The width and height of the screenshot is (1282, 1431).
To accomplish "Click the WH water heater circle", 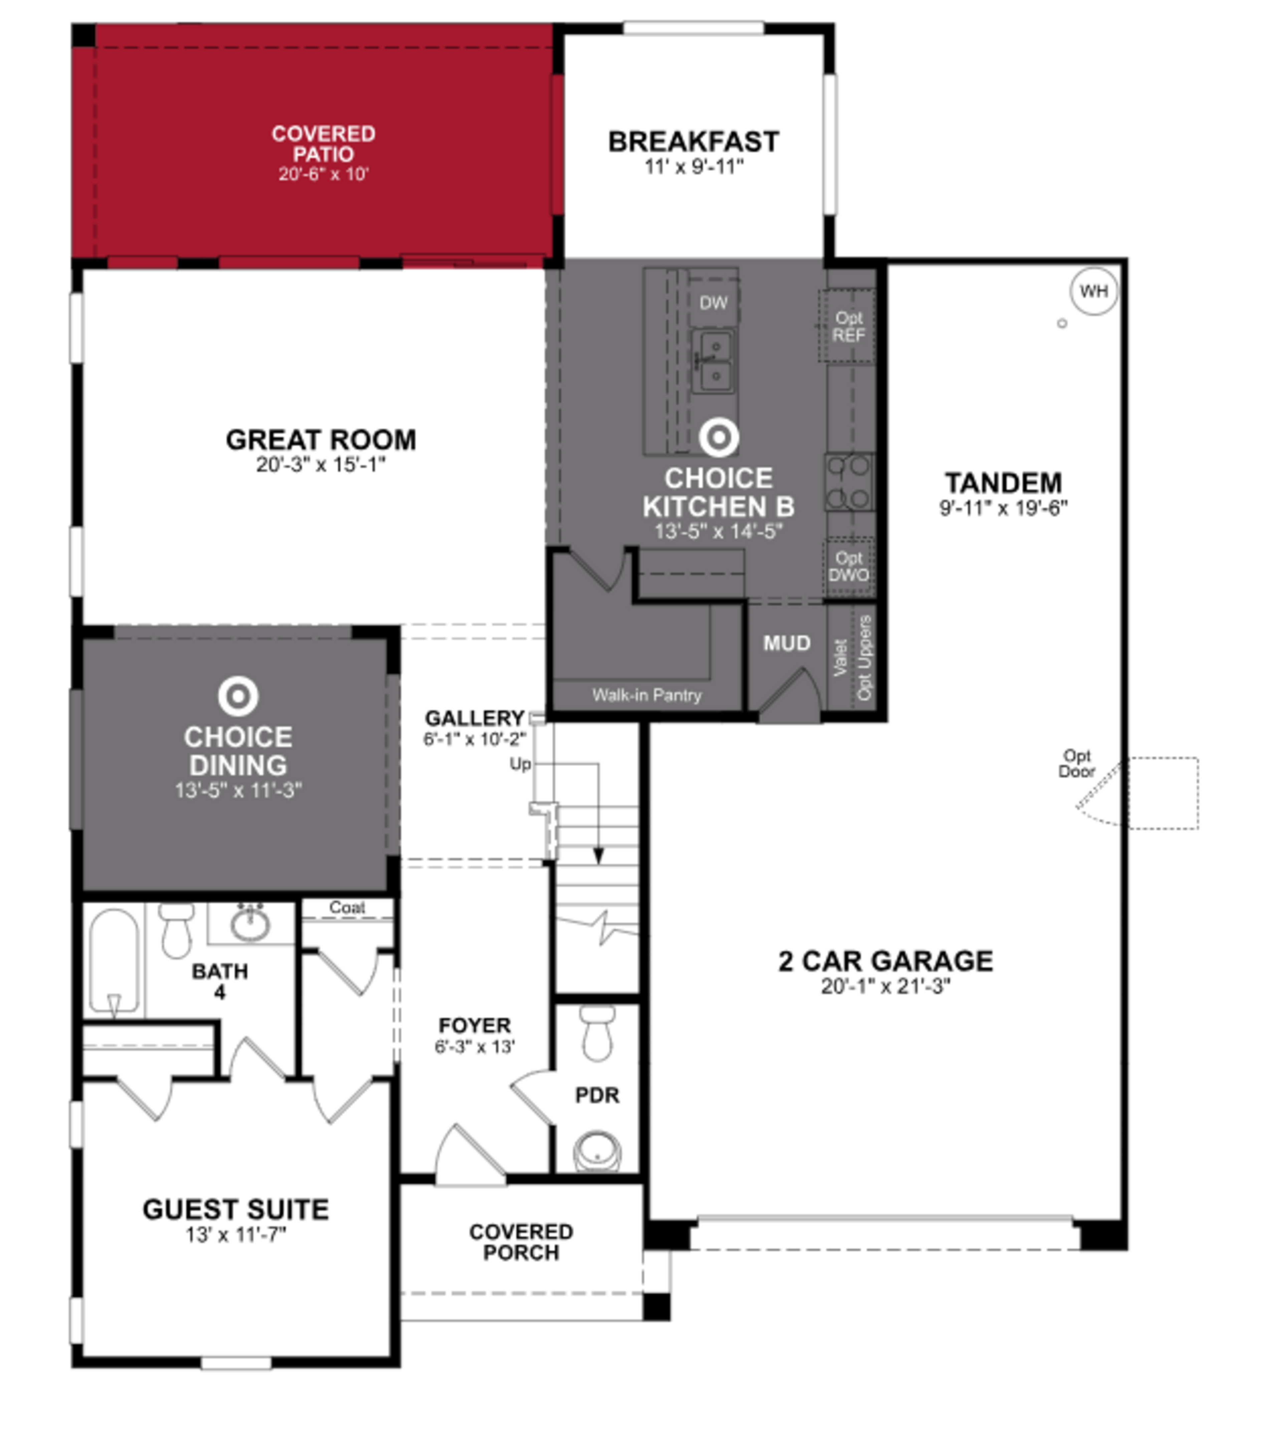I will tap(1093, 291).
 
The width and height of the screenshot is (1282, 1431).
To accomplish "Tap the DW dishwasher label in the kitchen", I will tap(713, 303).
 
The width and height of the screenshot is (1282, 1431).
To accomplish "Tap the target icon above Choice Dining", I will tap(238, 696).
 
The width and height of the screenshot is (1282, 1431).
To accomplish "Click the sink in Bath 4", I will tap(250, 925).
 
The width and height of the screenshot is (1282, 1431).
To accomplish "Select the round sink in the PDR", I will tap(597, 1151).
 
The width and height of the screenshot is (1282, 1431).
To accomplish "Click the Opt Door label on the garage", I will tap(1077, 763).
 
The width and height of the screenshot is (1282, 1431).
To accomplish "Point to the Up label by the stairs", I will tap(520, 764).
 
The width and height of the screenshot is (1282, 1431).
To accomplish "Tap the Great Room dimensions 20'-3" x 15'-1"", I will tap(321, 465).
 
